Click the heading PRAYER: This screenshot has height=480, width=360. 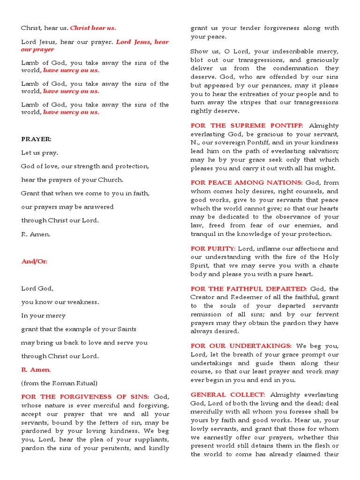(x=36, y=139)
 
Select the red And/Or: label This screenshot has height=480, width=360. (x=34, y=262)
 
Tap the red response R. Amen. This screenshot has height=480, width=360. (x=36, y=370)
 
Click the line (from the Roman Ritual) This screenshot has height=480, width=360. (x=59, y=383)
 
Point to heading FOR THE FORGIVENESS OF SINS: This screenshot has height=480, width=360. (x=85, y=397)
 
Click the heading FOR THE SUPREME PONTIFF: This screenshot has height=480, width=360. (x=247, y=126)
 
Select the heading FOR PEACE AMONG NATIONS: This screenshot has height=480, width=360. (x=246, y=182)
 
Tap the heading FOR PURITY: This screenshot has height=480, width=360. (x=213, y=248)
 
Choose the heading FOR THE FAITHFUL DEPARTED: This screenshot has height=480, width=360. (x=248, y=289)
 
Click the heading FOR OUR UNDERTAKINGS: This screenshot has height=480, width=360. (x=241, y=345)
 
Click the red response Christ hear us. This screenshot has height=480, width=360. (x=93, y=28)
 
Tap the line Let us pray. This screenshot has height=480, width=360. (x=40, y=153)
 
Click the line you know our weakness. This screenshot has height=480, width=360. (x=60, y=302)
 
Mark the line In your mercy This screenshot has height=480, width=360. (x=43, y=316)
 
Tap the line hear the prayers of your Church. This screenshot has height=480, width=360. (x=72, y=180)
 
